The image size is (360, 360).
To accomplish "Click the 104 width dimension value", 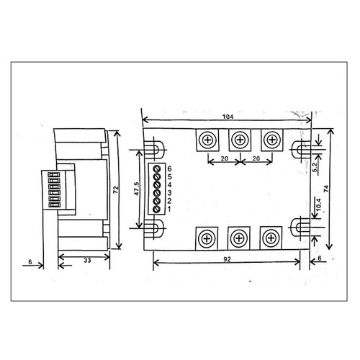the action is point(228,117).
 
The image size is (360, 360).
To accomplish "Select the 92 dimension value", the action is point(227,259).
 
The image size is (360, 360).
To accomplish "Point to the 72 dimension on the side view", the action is point(116,190).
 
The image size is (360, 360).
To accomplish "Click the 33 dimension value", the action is point(87,261).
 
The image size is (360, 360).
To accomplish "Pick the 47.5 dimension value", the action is point(136,189).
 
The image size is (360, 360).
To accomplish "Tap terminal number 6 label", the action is point(170,168).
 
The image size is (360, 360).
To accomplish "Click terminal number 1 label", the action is point(169,209).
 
